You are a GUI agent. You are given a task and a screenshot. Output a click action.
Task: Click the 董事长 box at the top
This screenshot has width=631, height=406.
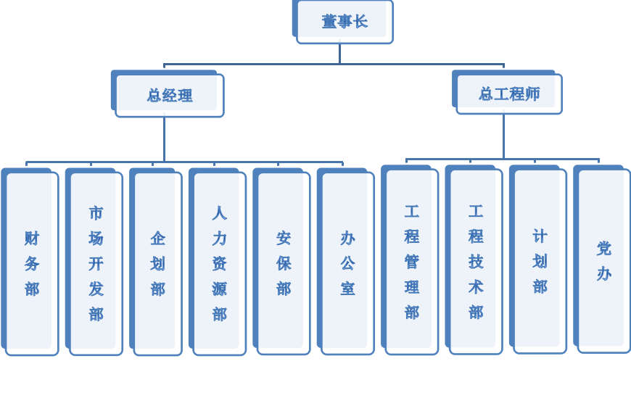tap(345, 22)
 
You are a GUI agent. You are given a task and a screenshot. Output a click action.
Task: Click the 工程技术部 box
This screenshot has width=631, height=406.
tap(476, 262)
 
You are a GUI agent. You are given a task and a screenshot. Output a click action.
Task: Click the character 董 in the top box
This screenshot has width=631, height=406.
tap(329, 22)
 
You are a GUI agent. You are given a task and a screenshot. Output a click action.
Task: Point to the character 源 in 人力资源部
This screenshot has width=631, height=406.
tap(220, 289)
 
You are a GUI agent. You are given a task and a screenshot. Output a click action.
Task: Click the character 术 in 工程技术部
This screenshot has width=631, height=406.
tap(476, 287)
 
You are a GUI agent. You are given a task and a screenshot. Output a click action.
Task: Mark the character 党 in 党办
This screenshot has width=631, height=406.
tap(603, 249)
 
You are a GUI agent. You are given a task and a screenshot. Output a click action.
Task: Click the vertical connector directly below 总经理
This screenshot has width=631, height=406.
tap(164, 138)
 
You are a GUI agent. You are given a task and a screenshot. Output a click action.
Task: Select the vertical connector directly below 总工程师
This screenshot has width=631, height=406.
tap(503, 136)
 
